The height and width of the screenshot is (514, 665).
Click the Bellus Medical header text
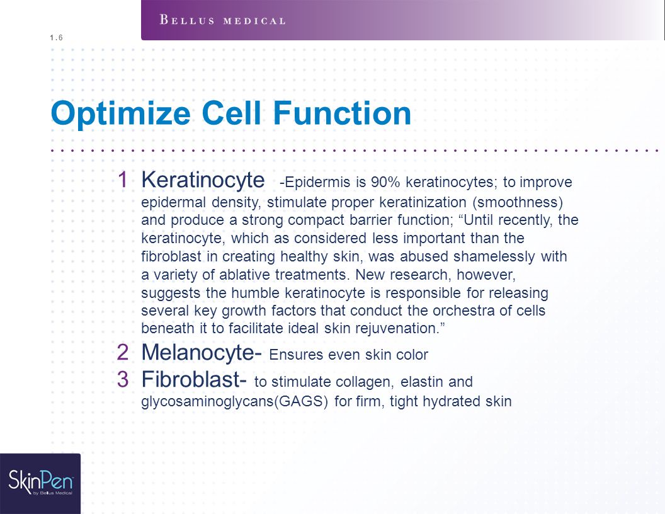[222, 20]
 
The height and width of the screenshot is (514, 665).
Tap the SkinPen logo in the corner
[40, 483]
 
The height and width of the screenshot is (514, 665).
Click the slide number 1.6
[56, 38]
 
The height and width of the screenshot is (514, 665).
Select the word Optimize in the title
[121, 113]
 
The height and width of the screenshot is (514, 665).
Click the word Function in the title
[342, 113]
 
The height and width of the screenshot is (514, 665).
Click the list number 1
[123, 180]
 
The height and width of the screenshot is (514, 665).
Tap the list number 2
[123, 352]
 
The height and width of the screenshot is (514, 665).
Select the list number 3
[123, 379]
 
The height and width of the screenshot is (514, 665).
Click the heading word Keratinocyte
[203, 180]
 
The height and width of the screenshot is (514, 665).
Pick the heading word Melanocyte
[198, 352]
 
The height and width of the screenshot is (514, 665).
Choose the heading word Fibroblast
[190, 379]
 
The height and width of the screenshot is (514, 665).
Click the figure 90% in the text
[385, 182]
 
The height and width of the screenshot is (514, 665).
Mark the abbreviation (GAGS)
[301, 401]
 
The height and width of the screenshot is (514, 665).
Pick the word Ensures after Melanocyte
[297, 355]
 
